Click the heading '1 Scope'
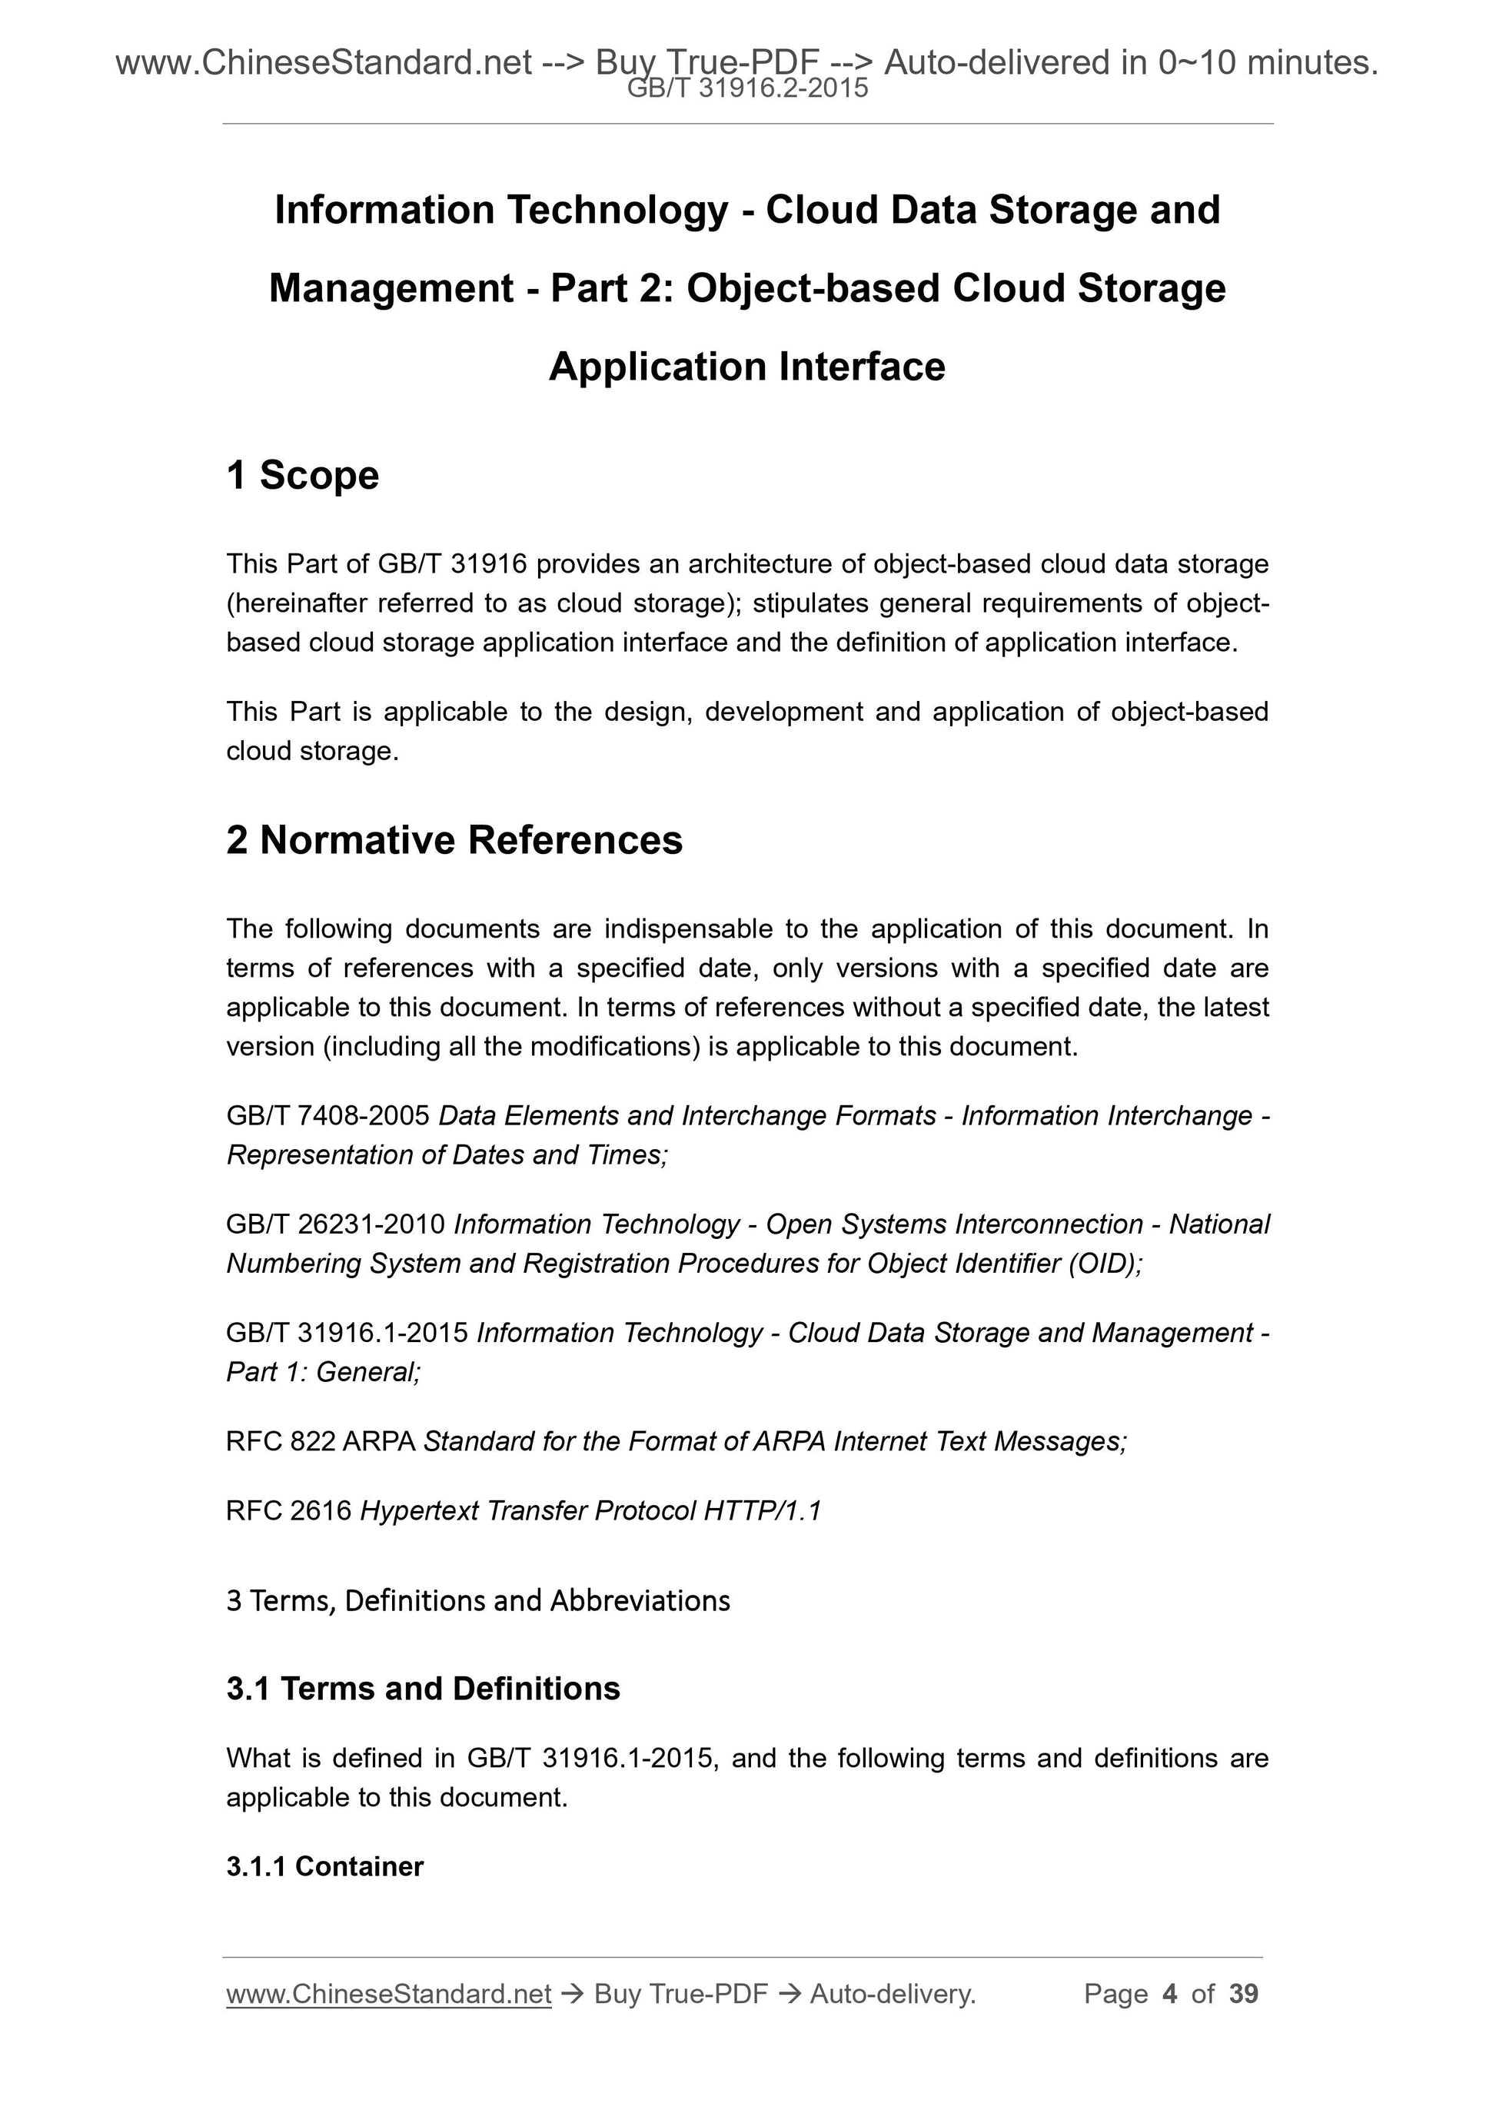(x=302, y=476)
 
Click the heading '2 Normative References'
(x=454, y=841)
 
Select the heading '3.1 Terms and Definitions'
(x=423, y=1689)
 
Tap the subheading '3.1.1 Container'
(x=324, y=1866)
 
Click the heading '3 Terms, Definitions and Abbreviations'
(x=477, y=1600)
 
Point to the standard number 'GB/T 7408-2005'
(x=328, y=1116)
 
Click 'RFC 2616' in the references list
(x=288, y=1510)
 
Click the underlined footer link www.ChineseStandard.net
(x=388, y=1995)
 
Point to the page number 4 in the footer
(x=1170, y=1995)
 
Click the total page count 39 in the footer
(x=1243, y=1995)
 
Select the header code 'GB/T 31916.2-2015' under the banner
(x=747, y=88)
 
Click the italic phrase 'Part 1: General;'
(x=324, y=1372)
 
